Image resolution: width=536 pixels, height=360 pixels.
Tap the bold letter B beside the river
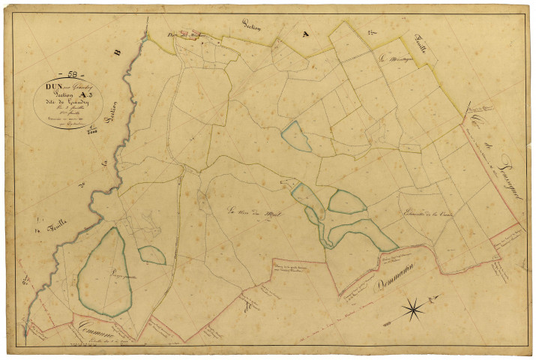pyautogui.click(x=117, y=53)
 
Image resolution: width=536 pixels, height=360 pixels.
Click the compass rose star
pyautogui.click(x=412, y=307)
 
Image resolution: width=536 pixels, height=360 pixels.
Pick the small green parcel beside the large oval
pyautogui.click(x=152, y=256)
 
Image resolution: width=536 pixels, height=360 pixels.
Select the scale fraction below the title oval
pyautogui.click(x=92, y=131)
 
